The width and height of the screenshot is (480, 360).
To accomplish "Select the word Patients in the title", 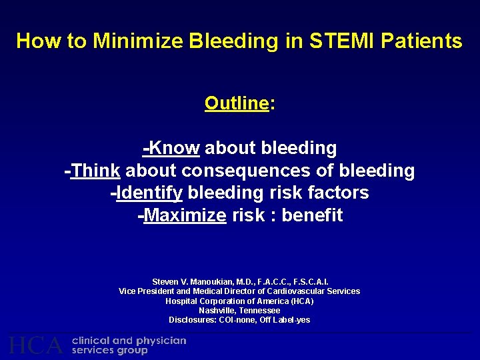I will (423, 41).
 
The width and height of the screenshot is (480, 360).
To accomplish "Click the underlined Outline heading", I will (236, 103).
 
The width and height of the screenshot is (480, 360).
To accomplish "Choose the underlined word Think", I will (95, 171).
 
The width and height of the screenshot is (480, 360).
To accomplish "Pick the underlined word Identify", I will (149, 193).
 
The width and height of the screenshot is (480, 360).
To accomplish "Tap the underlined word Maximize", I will (185, 216).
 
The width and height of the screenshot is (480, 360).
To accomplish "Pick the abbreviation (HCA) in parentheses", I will (302, 301).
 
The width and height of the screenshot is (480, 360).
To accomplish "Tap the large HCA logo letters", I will (36, 345).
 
